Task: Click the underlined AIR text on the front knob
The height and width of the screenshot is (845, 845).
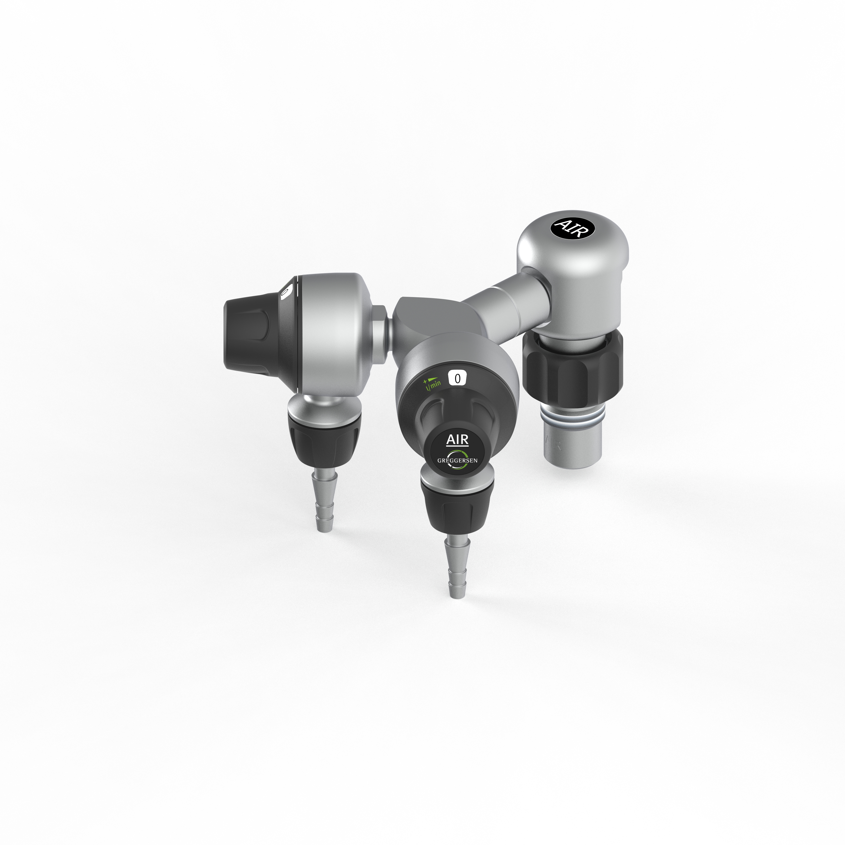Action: point(457,440)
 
